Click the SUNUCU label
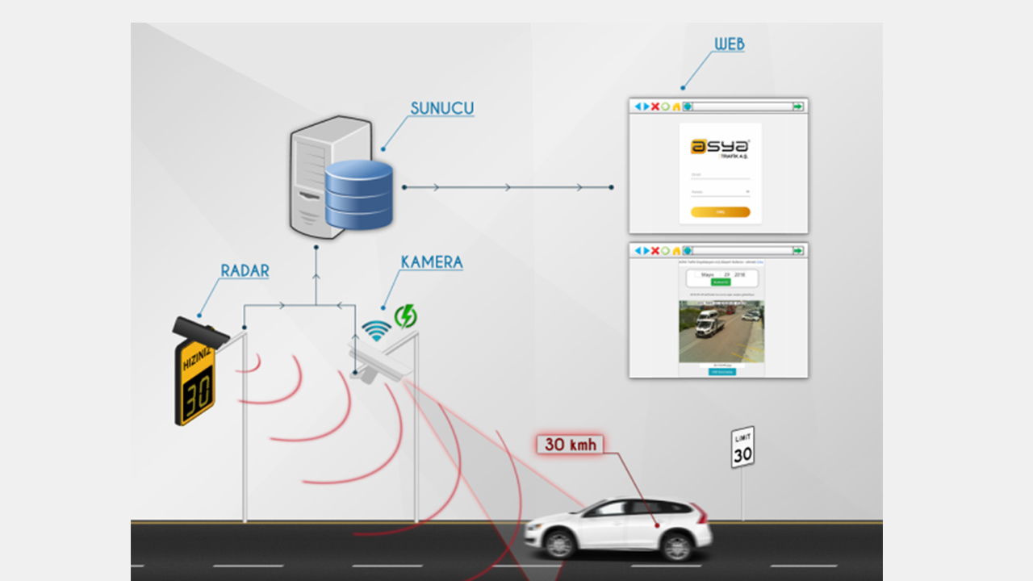pos(441,108)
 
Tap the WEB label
pos(729,44)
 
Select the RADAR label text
pos(245,271)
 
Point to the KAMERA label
pos(432,262)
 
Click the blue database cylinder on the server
pos(359,194)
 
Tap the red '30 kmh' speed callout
pos(570,444)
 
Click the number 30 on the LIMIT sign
pos(742,454)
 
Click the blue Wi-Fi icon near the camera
pos(375,330)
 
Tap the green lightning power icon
pos(404,316)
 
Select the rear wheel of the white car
pos(675,546)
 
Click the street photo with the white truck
pos(721,332)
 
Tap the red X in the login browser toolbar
pos(655,107)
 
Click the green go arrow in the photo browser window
pos(797,251)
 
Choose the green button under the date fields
pos(720,282)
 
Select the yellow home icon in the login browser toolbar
pos(676,107)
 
